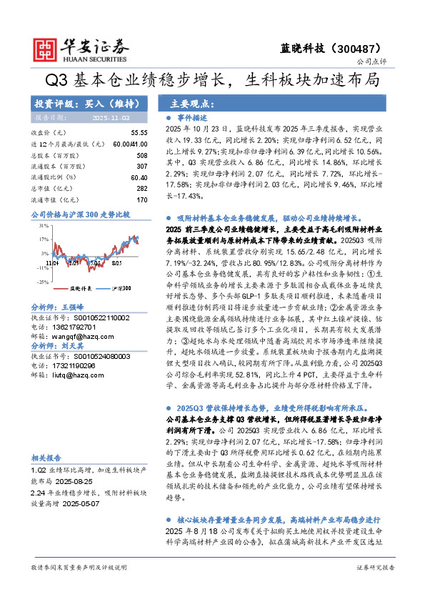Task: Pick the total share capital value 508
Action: coord(141,155)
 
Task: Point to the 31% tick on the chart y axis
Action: coord(44,225)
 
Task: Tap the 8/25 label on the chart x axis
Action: coord(116,264)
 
